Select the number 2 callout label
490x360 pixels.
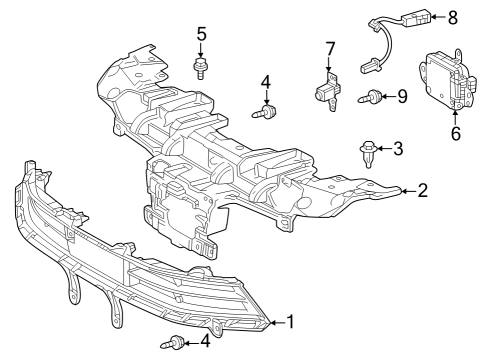pyautogui.click(x=422, y=190)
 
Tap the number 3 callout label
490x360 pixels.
pyautogui.click(x=398, y=149)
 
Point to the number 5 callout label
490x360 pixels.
pyautogui.click(x=201, y=34)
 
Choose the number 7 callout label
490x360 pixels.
pyautogui.click(x=329, y=48)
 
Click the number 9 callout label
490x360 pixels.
pyautogui.click(x=403, y=96)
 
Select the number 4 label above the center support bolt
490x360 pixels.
pyautogui.click(x=266, y=81)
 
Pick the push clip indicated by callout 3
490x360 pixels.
pyautogui.click(x=367, y=153)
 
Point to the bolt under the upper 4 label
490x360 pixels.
pyautogui.click(x=266, y=113)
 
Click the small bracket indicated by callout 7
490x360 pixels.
pyautogui.click(x=327, y=92)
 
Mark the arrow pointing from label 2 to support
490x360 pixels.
pyautogui.click(x=406, y=190)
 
